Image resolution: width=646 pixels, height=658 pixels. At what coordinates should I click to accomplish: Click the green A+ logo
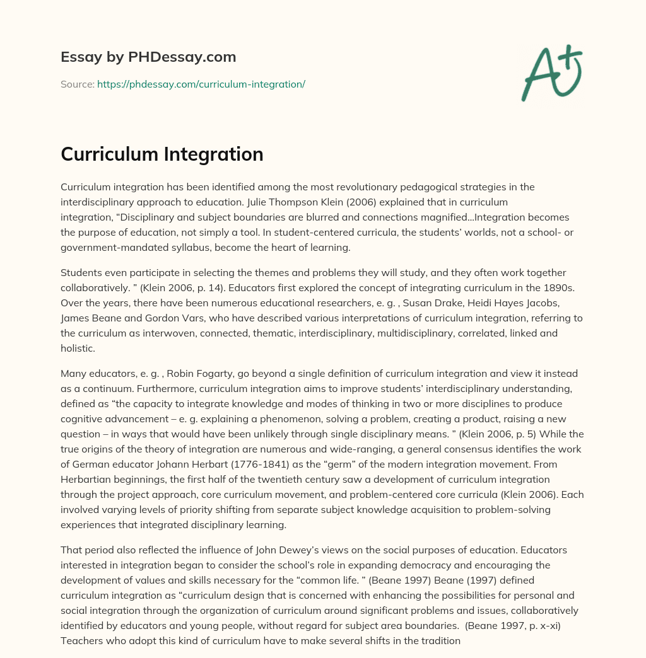[x=551, y=72]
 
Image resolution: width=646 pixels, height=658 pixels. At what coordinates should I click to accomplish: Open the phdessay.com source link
[x=201, y=84]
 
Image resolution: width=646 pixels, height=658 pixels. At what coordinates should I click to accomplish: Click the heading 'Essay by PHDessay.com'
[x=148, y=57]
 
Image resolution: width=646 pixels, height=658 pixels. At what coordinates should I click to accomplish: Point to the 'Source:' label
[x=78, y=84]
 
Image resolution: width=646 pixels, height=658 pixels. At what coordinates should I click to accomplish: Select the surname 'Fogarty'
[x=199, y=374]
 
